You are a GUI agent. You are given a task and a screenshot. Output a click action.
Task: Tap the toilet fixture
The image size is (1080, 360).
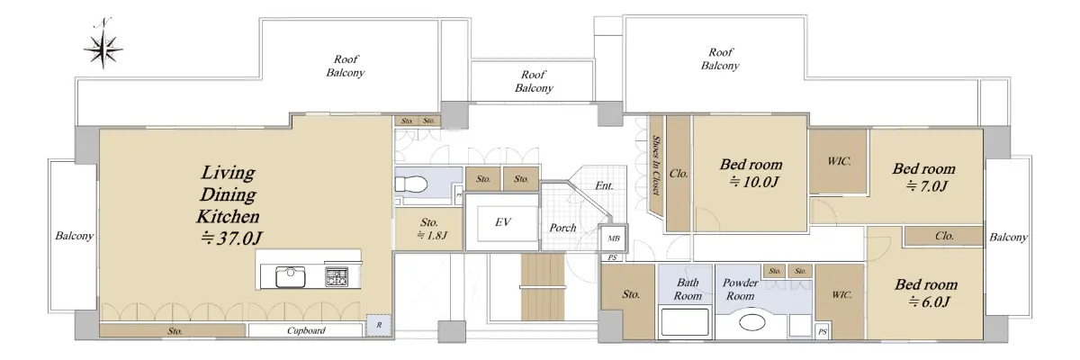[x=410, y=184]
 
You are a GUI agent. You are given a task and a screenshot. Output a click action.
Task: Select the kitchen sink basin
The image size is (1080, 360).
[x=290, y=277]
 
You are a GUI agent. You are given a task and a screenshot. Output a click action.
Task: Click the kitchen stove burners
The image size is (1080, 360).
[x=336, y=277]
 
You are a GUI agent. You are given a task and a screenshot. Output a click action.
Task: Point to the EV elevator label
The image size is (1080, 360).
[x=503, y=222]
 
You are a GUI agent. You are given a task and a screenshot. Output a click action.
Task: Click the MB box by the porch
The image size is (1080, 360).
[x=613, y=238]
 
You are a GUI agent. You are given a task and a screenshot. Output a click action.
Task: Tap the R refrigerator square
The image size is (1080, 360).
[x=379, y=325]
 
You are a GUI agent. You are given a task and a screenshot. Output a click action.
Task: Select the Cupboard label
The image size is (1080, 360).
[x=306, y=330]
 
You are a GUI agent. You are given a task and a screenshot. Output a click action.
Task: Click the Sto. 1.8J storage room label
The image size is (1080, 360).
[x=429, y=229]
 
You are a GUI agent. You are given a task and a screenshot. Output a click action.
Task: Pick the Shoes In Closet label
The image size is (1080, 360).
[x=656, y=165]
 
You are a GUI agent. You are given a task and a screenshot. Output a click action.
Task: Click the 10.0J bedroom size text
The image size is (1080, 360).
[x=753, y=182]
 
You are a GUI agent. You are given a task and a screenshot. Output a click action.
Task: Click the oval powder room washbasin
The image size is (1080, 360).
[x=752, y=322]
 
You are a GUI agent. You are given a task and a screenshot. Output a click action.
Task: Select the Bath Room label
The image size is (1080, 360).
[x=688, y=289]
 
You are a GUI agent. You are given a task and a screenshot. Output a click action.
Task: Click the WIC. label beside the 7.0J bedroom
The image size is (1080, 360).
[x=839, y=161]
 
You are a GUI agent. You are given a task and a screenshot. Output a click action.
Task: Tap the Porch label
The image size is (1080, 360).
[x=563, y=228]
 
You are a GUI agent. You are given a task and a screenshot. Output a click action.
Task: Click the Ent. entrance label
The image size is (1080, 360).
[x=604, y=185]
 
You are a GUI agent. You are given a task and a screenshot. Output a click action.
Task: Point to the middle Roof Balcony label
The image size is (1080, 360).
[x=534, y=81]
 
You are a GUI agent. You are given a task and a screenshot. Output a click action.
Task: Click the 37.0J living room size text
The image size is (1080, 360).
[x=231, y=238]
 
